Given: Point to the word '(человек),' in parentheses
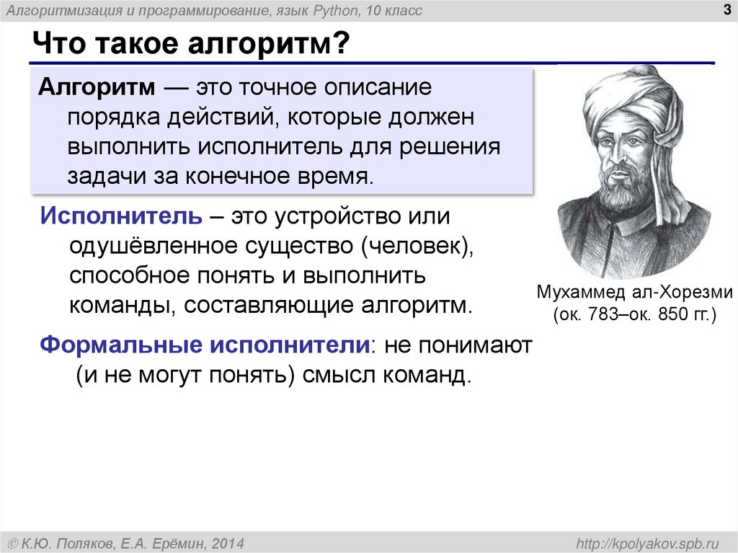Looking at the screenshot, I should point(417,246).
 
